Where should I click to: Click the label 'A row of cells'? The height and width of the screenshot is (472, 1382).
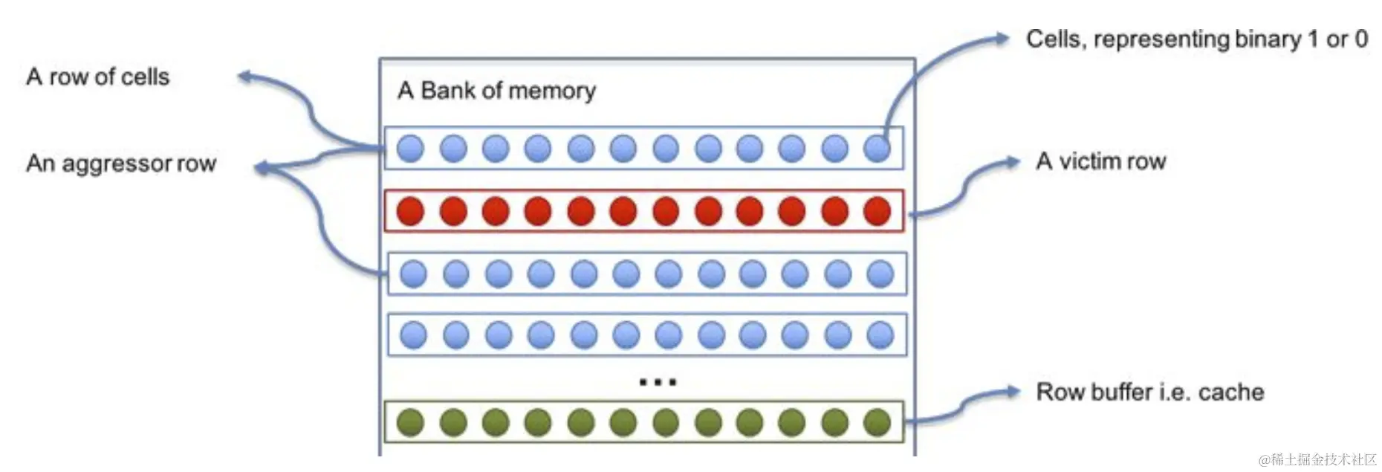click(x=97, y=77)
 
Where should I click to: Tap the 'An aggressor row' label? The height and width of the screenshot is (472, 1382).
click(x=121, y=164)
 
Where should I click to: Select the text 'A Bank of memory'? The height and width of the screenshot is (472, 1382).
click(x=496, y=91)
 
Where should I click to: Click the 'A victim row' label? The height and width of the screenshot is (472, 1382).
click(x=1100, y=161)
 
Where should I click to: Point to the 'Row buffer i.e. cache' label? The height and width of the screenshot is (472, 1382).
click(x=1149, y=392)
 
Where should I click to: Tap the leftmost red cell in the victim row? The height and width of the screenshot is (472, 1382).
click(x=410, y=211)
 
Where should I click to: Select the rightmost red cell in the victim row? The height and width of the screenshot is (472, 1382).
click(x=877, y=211)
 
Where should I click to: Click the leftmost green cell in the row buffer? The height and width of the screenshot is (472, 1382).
click(x=410, y=422)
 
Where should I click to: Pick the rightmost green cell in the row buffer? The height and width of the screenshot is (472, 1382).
click(x=877, y=422)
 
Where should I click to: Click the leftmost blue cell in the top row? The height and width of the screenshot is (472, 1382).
click(x=410, y=148)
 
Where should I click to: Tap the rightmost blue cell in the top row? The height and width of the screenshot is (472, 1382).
click(x=877, y=148)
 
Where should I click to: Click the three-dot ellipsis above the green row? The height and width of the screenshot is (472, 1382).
click(x=658, y=382)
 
